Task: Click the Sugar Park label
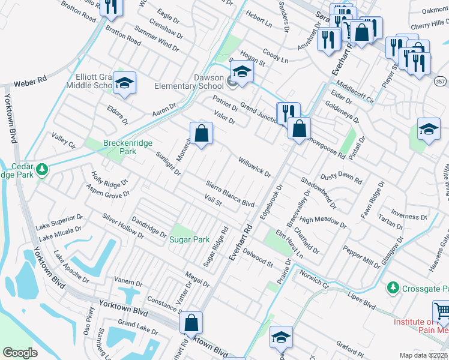[190, 239]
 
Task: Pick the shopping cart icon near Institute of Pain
[441, 311]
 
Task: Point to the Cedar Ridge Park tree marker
[41, 170]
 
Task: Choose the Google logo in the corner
[20, 353]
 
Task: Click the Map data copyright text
[424, 355]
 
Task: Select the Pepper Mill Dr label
[361, 256]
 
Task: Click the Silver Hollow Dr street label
[122, 226]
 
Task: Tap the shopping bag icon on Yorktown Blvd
[191, 323]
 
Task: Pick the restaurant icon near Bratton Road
[111, 6]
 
